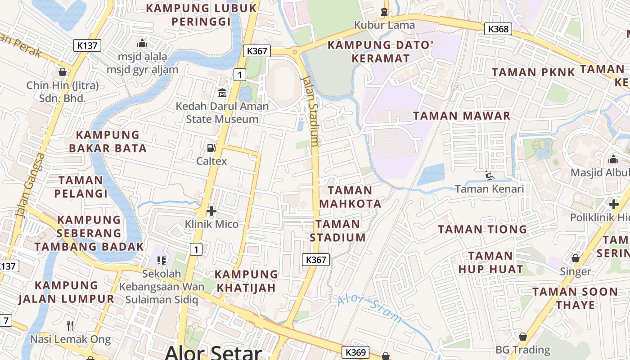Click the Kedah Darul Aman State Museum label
222,113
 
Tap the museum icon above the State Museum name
222,93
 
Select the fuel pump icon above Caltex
211,148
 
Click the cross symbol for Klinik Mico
211,211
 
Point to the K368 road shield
499,29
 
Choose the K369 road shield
355,352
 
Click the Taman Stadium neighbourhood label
337,231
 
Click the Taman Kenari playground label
490,189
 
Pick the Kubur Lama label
384,25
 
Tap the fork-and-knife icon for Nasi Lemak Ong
70,325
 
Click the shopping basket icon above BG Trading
523,337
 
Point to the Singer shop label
575,271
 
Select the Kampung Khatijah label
247,281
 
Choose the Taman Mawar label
462,116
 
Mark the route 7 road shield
5,321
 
